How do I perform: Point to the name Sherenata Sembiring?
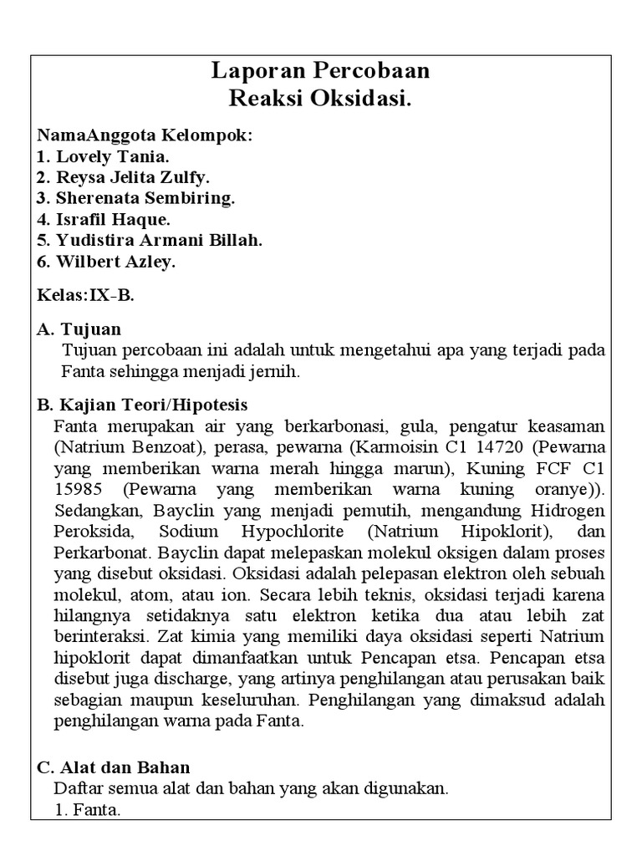(145, 198)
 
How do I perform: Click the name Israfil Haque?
(113, 219)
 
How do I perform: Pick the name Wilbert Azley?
(116, 262)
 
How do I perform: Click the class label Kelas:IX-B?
(85, 295)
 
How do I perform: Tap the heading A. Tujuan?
(79, 329)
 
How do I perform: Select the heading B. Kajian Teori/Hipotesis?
(142, 405)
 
